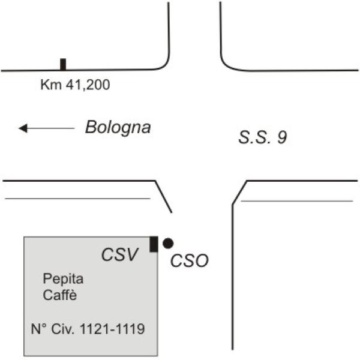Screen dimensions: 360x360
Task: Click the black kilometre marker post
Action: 63,64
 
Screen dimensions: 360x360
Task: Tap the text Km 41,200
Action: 75,85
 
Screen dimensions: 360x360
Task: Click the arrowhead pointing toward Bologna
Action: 23,128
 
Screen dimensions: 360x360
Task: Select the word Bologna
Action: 118,128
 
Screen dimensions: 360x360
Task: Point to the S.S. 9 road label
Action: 263,137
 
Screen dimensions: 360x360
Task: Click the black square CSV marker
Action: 154,244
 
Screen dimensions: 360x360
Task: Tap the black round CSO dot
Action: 168,244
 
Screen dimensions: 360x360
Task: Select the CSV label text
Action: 120,254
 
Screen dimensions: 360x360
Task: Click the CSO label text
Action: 190,260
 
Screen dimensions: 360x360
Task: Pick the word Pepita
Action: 63,280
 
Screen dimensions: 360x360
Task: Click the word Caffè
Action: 59,295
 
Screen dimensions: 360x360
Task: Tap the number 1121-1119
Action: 112,329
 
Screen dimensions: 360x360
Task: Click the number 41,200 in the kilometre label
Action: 88,85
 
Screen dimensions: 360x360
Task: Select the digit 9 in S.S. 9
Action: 282,137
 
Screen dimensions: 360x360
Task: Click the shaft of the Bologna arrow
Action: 51,128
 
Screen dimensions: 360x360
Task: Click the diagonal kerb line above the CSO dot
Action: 163,197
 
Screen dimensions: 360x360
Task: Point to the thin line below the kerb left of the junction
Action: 77,199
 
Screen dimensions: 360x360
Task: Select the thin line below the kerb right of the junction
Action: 296,201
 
